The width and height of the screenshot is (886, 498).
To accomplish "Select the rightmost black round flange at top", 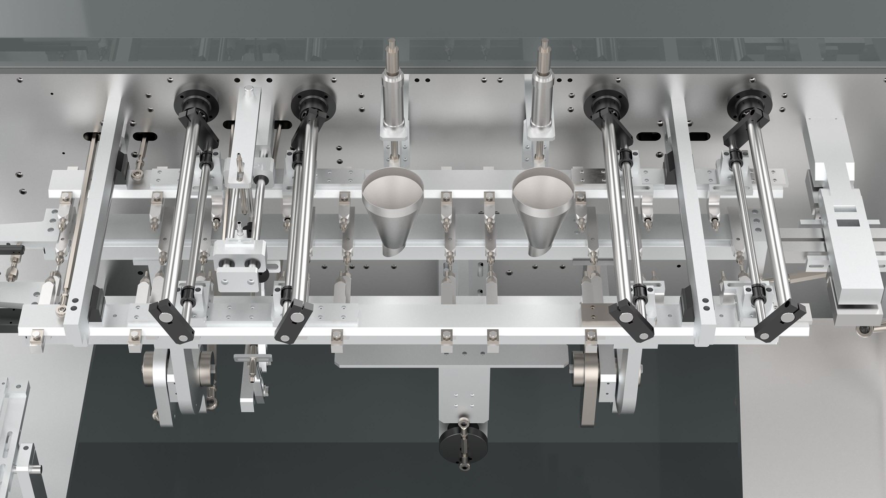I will [749, 101].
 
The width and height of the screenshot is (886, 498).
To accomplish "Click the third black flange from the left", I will [605, 101].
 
